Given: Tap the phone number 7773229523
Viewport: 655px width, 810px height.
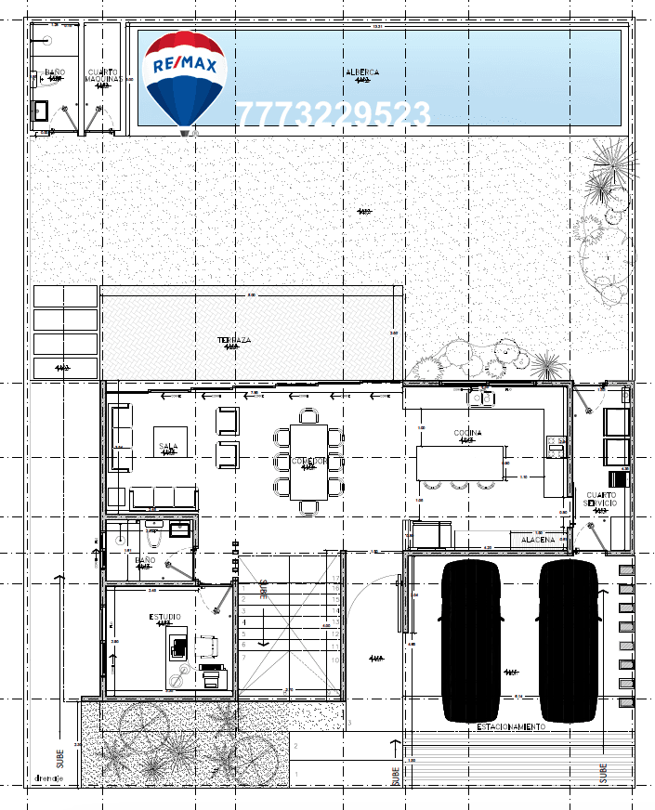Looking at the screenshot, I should point(333,115).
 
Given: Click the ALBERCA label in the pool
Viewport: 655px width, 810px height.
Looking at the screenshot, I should point(361,72).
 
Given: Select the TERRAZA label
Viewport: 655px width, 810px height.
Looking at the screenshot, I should point(234,340).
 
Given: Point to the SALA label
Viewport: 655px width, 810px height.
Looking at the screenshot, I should point(168,446).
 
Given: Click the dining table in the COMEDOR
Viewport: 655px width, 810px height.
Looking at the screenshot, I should point(308,461).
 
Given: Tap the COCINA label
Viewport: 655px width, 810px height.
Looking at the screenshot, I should point(467,433).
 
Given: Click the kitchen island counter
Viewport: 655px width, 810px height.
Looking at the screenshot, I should point(460,463).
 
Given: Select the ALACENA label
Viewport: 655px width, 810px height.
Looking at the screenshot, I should point(538,539).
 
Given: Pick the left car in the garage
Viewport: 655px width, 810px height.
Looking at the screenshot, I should point(473,640).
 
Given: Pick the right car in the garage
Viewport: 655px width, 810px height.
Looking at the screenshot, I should point(570,640).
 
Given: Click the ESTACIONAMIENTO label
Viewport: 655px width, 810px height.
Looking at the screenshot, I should point(511,726).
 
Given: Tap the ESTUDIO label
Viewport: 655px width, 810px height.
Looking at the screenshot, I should point(165,617).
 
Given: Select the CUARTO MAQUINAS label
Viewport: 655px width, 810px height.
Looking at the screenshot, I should point(103,75).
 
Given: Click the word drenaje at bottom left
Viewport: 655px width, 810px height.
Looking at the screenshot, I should point(48,778).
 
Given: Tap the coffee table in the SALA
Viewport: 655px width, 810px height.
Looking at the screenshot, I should point(171,442).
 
